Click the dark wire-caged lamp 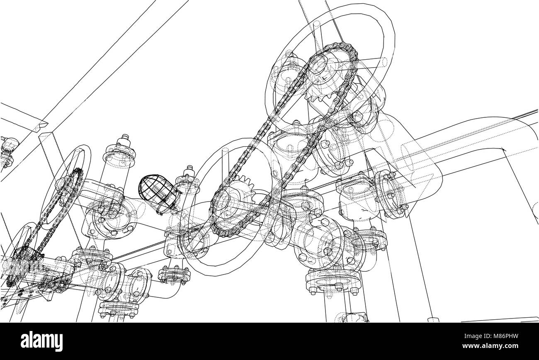point(153,192)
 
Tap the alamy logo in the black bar point(42,341)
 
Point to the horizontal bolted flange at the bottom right point(332,282)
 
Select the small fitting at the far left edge point(8,147)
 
